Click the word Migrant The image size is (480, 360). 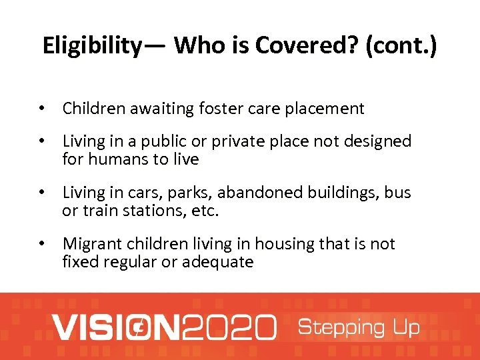tap(91, 244)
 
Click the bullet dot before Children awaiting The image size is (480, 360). tap(41, 109)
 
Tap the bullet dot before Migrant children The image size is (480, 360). tap(41, 244)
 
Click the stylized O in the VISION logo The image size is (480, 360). tap(138, 327)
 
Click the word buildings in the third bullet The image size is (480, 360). tap(347, 193)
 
